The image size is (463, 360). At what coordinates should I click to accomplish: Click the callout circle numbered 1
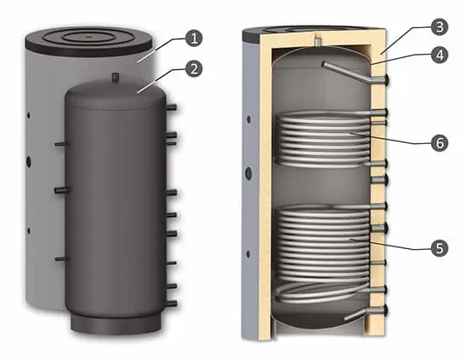pos(194,39)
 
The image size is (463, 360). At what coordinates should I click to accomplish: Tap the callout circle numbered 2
pos(194,69)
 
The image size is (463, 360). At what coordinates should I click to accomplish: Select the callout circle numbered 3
pos(439,27)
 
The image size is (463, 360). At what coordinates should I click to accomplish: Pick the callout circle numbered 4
pos(439,55)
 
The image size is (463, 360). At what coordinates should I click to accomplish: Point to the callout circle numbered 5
pos(439,247)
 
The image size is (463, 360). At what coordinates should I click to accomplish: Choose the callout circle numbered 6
pos(439,143)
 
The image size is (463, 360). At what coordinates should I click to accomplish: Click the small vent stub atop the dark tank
pos(115,77)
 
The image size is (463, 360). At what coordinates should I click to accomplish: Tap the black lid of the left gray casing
pos(89,41)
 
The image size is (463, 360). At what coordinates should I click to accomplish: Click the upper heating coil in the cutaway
pos(322,139)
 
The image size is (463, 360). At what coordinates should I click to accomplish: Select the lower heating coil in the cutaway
pos(322,254)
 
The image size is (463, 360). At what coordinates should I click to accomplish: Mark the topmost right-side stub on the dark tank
pos(172,107)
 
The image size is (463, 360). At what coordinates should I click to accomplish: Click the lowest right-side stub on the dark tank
pos(172,304)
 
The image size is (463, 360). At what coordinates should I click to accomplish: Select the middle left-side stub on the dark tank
pos(61,190)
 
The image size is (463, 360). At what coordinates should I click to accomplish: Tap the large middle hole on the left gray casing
pos(29,161)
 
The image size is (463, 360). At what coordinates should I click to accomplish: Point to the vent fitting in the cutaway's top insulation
pos(317,40)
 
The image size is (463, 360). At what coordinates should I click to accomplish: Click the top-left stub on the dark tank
pos(61,144)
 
